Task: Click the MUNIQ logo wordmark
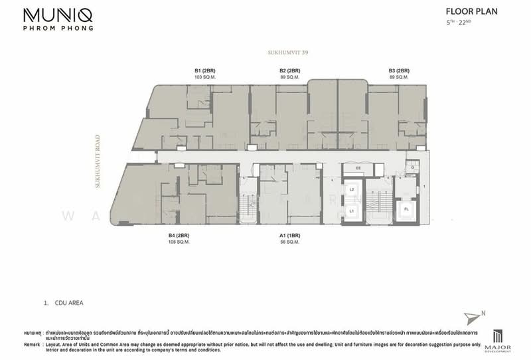[58, 14]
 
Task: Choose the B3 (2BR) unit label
[399, 70]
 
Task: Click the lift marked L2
[353, 190]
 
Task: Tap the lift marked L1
[353, 210]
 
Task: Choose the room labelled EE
[358, 169]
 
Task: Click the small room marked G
[412, 167]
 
